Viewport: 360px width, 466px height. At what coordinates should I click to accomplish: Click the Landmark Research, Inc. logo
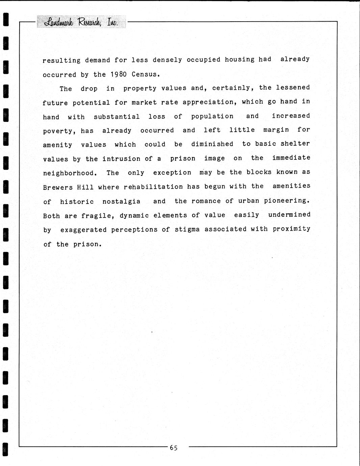[x=81, y=22]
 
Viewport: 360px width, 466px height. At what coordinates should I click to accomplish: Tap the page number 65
[x=174, y=448]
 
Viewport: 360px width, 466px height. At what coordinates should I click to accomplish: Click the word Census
[x=146, y=74]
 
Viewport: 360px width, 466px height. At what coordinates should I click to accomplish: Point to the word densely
[x=167, y=60]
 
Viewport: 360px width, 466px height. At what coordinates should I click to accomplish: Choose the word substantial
[x=117, y=117]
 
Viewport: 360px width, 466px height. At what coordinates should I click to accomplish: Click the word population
[x=212, y=116]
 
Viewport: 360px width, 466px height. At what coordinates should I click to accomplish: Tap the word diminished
[x=212, y=144]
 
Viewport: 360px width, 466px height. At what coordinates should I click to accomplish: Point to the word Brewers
[x=58, y=187]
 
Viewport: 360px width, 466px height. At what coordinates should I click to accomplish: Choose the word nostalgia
[x=121, y=202]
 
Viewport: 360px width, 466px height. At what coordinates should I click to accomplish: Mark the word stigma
[x=187, y=230]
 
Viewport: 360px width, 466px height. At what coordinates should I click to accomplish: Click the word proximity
[x=291, y=229]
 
